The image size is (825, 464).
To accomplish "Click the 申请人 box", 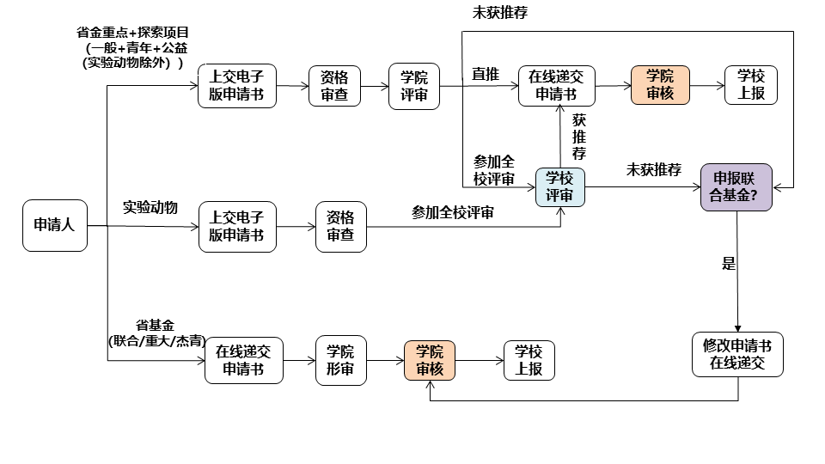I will (x=55, y=225).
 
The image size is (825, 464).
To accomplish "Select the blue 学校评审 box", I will (x=559, y=186).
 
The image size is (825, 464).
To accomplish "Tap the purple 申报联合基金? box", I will (x=736, y=186).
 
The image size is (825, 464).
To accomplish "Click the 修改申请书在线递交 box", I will (x=737, y=353).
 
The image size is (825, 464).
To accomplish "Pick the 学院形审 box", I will (x=340, y=359).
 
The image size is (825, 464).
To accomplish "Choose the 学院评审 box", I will (x=413, y=85).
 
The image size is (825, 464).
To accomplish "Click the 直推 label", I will (x=486, y=75).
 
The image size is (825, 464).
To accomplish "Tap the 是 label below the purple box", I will (x=729, y=264).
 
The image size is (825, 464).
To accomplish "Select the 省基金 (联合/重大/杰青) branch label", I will (x=156, y=333).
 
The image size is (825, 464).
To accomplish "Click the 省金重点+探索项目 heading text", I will (x=139, y=34).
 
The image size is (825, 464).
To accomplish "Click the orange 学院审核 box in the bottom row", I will (x=430, y=360).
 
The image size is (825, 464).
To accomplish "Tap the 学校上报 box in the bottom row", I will (x=529, y=360).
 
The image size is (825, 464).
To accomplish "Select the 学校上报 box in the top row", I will (x=750, y=85).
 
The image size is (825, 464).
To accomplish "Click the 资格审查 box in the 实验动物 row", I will (x=340, y=227).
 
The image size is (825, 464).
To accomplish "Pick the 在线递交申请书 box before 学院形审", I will (x=243, y=360).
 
